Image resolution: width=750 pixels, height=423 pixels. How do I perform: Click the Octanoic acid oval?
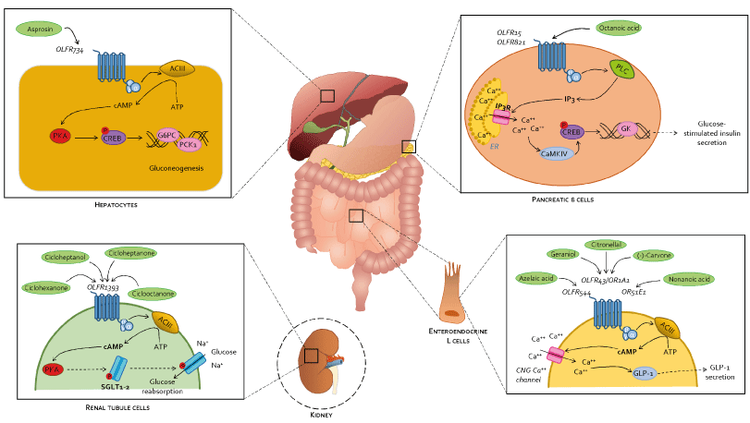(x=619, y=30)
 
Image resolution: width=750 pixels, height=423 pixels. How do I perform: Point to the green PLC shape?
(x=621, y=69)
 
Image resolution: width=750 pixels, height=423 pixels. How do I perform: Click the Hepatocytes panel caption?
(x=117, y=205)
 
